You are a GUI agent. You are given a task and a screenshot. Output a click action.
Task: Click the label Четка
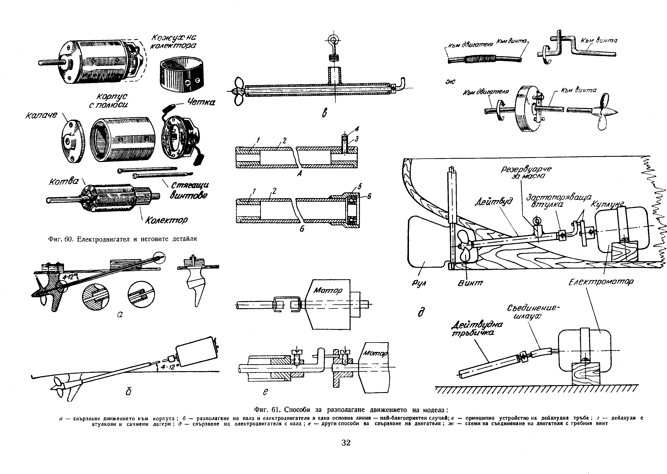[x=201, y=102]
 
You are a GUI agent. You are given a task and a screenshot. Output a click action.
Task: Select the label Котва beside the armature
[x=63, y=182]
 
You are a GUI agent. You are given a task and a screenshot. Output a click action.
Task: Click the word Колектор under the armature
[x=166, y=220]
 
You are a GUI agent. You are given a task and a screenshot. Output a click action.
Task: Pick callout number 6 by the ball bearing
[x=369, y=197]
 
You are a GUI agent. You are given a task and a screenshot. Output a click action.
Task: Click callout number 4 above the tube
[x=357, y=129]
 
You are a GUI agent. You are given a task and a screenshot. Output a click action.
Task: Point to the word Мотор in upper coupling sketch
[x=328, y=290]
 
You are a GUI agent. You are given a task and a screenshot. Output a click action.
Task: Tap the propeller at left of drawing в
[x=238, y=91]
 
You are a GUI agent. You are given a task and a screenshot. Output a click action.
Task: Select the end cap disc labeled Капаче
[x=72, y=141]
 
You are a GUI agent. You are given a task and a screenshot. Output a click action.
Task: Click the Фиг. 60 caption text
[x=123, y=239]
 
